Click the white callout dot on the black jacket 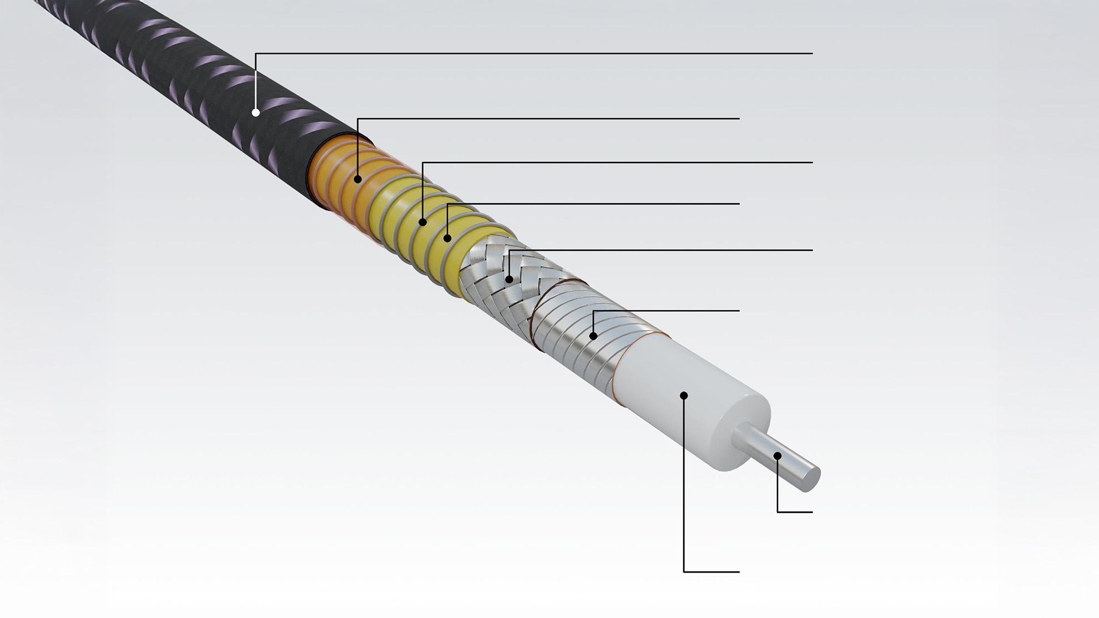256,113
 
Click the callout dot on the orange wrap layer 358,179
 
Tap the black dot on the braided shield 510,279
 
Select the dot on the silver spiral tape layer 593,336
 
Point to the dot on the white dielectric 684,396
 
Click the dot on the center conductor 778,456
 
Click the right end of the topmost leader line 812,54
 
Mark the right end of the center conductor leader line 812,511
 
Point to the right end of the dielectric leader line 739,571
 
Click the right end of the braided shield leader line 812,250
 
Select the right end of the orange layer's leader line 739,118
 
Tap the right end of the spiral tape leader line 739,311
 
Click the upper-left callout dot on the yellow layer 422,222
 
